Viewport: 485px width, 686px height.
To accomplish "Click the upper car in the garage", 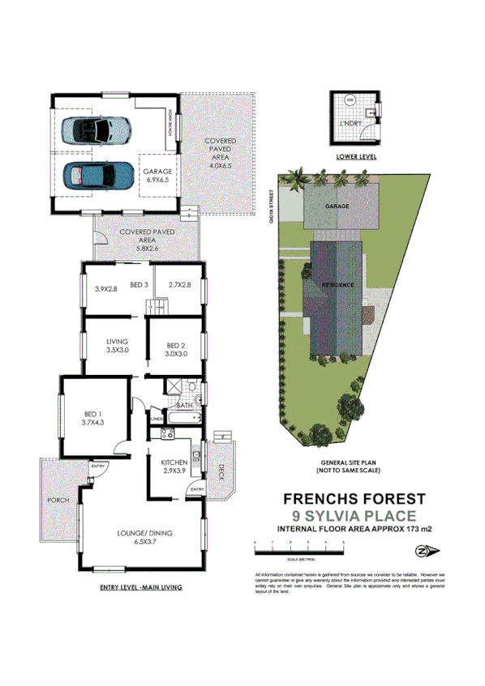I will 101,129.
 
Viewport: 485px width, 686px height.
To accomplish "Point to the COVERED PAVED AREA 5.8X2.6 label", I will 147,236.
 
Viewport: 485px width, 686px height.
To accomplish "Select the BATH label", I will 184,405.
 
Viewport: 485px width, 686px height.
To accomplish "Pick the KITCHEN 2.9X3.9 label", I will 170,467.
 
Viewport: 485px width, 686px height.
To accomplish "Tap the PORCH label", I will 58,501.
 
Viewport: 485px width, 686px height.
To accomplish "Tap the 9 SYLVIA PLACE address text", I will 354,516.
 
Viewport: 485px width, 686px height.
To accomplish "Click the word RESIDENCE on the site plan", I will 337,285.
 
